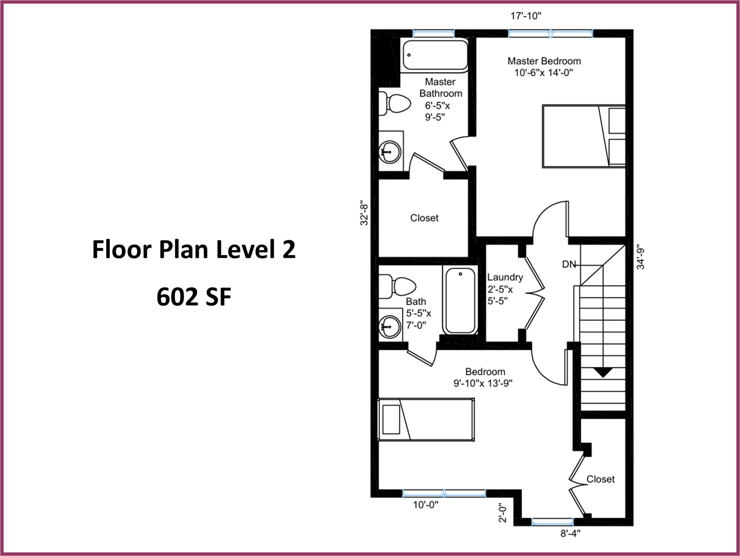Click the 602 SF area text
coord(194,297)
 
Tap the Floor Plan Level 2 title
coord(194,250)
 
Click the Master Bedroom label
coord(544,61)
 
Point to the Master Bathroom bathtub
coord(435,55)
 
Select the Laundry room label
coord(505,277)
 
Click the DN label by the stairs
coord(569,264)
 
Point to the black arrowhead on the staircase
coord(603,372)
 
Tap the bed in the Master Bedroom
coord(584,136)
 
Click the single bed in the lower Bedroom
coord(426,419)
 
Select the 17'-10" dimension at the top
coord(526,16)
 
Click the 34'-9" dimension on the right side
coord(641,258)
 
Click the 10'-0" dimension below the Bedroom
coord(426,504)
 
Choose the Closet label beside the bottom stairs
coord(600,479)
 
